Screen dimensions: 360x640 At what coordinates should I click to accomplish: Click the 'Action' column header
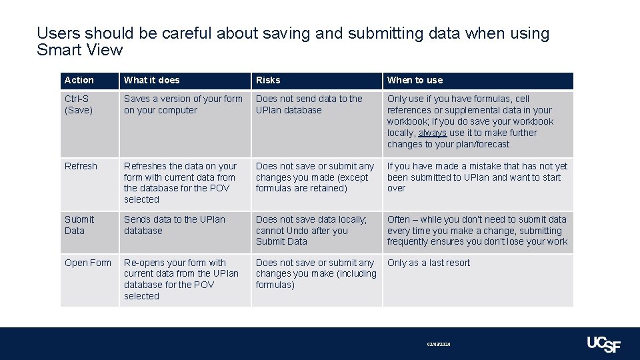tap(79, 80)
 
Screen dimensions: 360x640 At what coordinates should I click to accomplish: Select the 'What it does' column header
tap(152, 80)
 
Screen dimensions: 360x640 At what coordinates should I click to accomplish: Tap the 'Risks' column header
tap(268, 80)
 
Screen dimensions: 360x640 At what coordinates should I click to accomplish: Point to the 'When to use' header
tap(415, 80)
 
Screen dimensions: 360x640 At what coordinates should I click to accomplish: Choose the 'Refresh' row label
tap(81, 166)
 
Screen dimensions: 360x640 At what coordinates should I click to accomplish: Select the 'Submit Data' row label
tap(79, 225)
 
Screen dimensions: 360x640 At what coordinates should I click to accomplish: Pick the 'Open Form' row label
tap(88, 263)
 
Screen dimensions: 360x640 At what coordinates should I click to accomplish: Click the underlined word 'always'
tap(432, 133)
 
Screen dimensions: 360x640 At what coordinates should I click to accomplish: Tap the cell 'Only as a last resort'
tap(429, 263)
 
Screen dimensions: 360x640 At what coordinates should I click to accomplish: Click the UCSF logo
tap(603, 343)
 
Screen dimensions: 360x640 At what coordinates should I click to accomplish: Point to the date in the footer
tap(439, 344)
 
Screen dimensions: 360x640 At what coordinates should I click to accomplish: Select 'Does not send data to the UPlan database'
tap(309, 105)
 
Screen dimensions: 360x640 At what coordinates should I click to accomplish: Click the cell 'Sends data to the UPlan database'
tap(175, 225)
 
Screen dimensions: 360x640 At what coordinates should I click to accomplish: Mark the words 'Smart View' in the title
tap(80, 50)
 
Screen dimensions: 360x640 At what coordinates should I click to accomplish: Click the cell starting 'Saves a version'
tap(183, 105)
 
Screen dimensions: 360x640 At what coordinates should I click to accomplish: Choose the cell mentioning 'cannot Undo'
tap(311, 230)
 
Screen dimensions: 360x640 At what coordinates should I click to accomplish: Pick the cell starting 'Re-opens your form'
tap(181, 279)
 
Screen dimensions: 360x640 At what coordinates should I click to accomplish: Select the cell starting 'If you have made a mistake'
tap(477, 177)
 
